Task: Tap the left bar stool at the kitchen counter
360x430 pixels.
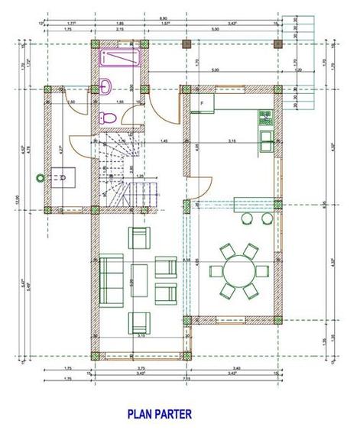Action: click(247, 218)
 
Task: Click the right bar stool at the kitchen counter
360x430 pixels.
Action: click(267, 218)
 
